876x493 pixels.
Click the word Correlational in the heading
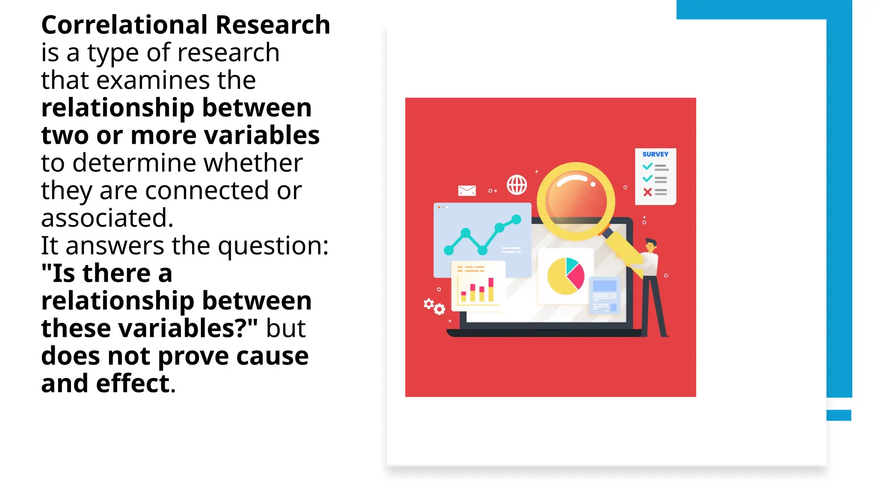coord(125,25)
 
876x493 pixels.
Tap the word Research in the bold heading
coord(272,25)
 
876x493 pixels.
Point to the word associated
coord(107,218)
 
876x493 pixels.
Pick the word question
coord(272,246)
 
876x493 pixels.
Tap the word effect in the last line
coord(133,384)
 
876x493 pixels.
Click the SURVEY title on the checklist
coord(655,154)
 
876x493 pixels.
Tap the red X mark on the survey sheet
coord(648,193)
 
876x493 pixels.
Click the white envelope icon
coord(467,190)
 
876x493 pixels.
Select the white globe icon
coord(517,185)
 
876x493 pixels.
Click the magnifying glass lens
coord(576,200)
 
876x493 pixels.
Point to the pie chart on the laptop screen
coord(565,276)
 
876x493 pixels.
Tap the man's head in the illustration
coord(651,245)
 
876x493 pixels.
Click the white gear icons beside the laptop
coord(434,306)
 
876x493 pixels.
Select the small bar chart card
coord(478,285)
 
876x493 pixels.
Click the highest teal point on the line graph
coord(516,220)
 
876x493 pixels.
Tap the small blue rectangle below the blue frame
coord(838,415)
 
